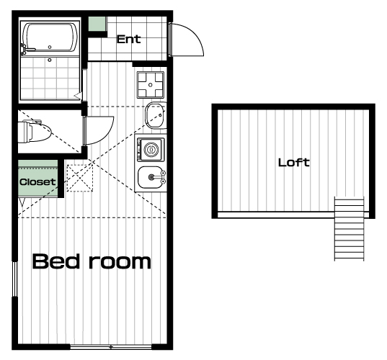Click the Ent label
(128, 39)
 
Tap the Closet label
(37, 182)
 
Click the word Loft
(294, 163)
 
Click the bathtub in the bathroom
(50, 37)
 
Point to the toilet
(35, 131)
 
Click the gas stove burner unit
(151, 85)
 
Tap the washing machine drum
(151, 150)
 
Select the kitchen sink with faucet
(151, 177)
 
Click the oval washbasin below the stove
(156, 115)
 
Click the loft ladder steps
(349, 228)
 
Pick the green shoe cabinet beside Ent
(97, 24)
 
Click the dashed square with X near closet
(80, 178)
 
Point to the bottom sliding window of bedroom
(111, 347)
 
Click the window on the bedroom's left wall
(15, 279)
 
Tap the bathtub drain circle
(50, 47)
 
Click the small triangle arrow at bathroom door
(78, 96)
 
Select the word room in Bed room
(120, 262)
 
